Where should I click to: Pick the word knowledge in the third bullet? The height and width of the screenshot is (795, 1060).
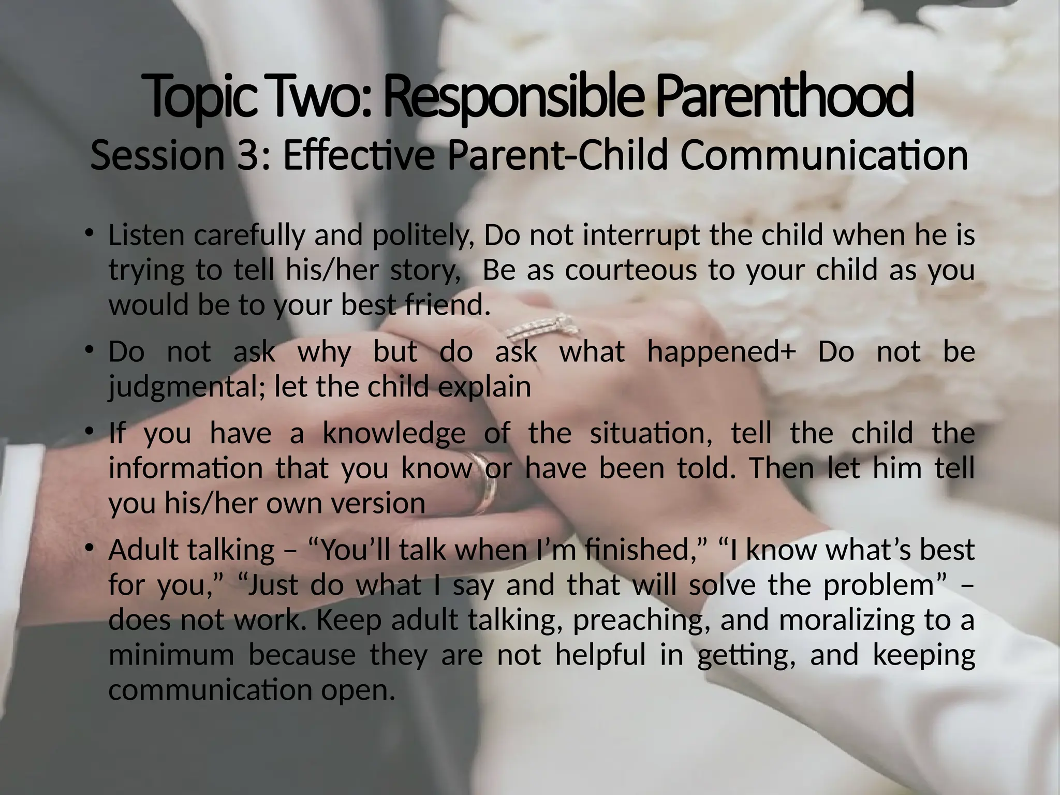coord(394,434)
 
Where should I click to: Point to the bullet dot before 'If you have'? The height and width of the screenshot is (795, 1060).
coord(90,431)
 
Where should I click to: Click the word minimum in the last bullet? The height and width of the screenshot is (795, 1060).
coord(171,655)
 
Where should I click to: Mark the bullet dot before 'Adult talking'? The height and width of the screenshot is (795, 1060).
coord(90,547)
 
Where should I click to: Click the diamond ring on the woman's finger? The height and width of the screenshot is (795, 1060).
coord(543,328)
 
